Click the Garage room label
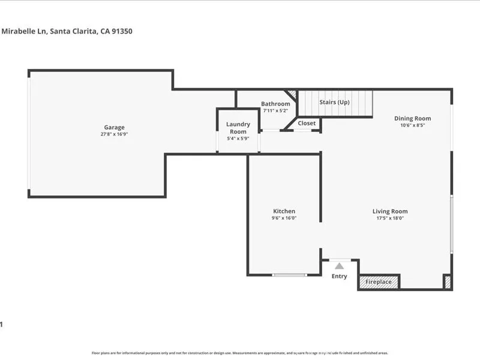pyautogui.click(x=114, y=127)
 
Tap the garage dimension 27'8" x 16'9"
pyautogui.click(x=114, y=134)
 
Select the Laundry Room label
pyautogui.click(x=238, y=128)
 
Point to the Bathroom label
pyautogui.click(x=275, y=104)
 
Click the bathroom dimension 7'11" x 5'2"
pyautogui.click(x=275, y=110)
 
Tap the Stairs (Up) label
pyautogui.click(x=334, y=102)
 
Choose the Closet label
pyautogui.click(x=307, y=123)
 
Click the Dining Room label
pyautogui.click(x=412, y=118)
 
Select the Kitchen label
pyautogui.click(x=284, y=211)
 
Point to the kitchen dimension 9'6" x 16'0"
pyautogui.click(x=284, y=218)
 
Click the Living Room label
pyautogui.click(x=390, y=211)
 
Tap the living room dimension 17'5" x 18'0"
pyautogui.click(x=390, y=218)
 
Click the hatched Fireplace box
pyautogui.click(x=379, y=281)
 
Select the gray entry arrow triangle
pyautogui.click(x=340, y=266)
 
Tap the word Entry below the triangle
pyautogui.click(x=340, y=276)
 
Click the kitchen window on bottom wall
pyautogui.click(x=289, y=275)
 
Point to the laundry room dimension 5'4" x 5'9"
pyautogui.click(x=238, y=139)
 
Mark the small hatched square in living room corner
pyautogui.click(x=447, y=282)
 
